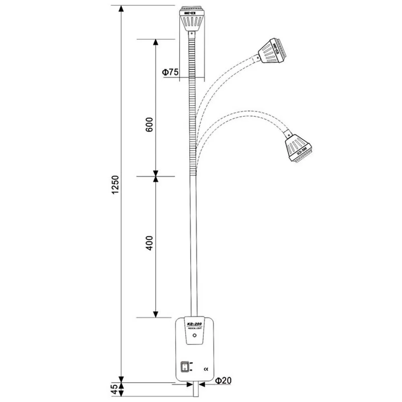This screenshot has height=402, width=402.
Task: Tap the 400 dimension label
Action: [149, 243]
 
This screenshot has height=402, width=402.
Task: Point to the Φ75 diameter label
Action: [170, 72]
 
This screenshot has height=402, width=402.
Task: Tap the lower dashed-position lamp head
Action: [298, 147]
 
